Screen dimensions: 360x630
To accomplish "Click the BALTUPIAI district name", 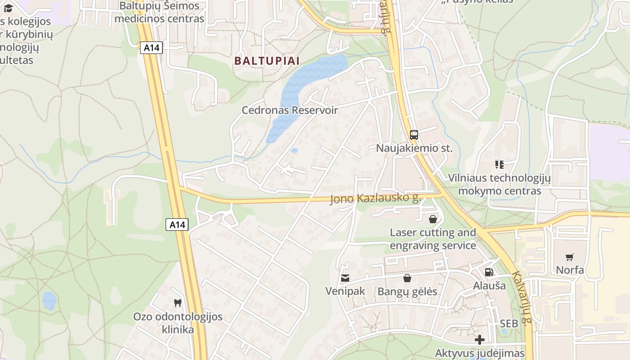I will tap(267, 61).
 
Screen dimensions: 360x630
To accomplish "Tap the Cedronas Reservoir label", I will tap(290, 110).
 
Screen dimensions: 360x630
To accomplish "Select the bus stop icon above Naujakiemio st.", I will tap(414, 135).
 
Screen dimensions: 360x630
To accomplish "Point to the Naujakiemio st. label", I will tap(414, 148).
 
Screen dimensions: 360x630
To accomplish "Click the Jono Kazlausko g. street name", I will tap(375, 198).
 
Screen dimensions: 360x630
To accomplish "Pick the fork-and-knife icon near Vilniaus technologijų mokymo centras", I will tap(499, 164).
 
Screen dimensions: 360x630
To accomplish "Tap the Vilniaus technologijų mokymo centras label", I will tap(499, 184).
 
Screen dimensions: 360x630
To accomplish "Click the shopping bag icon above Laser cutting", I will tap(432, 219).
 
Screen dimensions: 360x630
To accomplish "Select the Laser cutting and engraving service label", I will tap(432, 239).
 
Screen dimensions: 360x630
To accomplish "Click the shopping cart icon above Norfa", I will tap(570, 257).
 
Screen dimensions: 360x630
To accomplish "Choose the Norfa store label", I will tap(570, 270).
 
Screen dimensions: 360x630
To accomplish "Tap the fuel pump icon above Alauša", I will tap(489, 272).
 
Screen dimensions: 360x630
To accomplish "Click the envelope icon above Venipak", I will tap(345, 278).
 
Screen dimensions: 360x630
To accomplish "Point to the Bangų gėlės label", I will tap(407, 292).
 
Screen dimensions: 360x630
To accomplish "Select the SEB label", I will tap(509, 324).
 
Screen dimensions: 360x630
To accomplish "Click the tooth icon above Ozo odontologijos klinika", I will tap(178, 303).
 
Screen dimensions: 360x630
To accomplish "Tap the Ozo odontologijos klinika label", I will tap(178, 323).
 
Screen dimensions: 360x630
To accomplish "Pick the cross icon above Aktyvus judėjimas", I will tap(480, 340).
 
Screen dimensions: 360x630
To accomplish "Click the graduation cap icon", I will tap(8, 8).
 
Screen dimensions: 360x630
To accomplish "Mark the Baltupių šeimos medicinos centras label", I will tap(159, 13).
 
